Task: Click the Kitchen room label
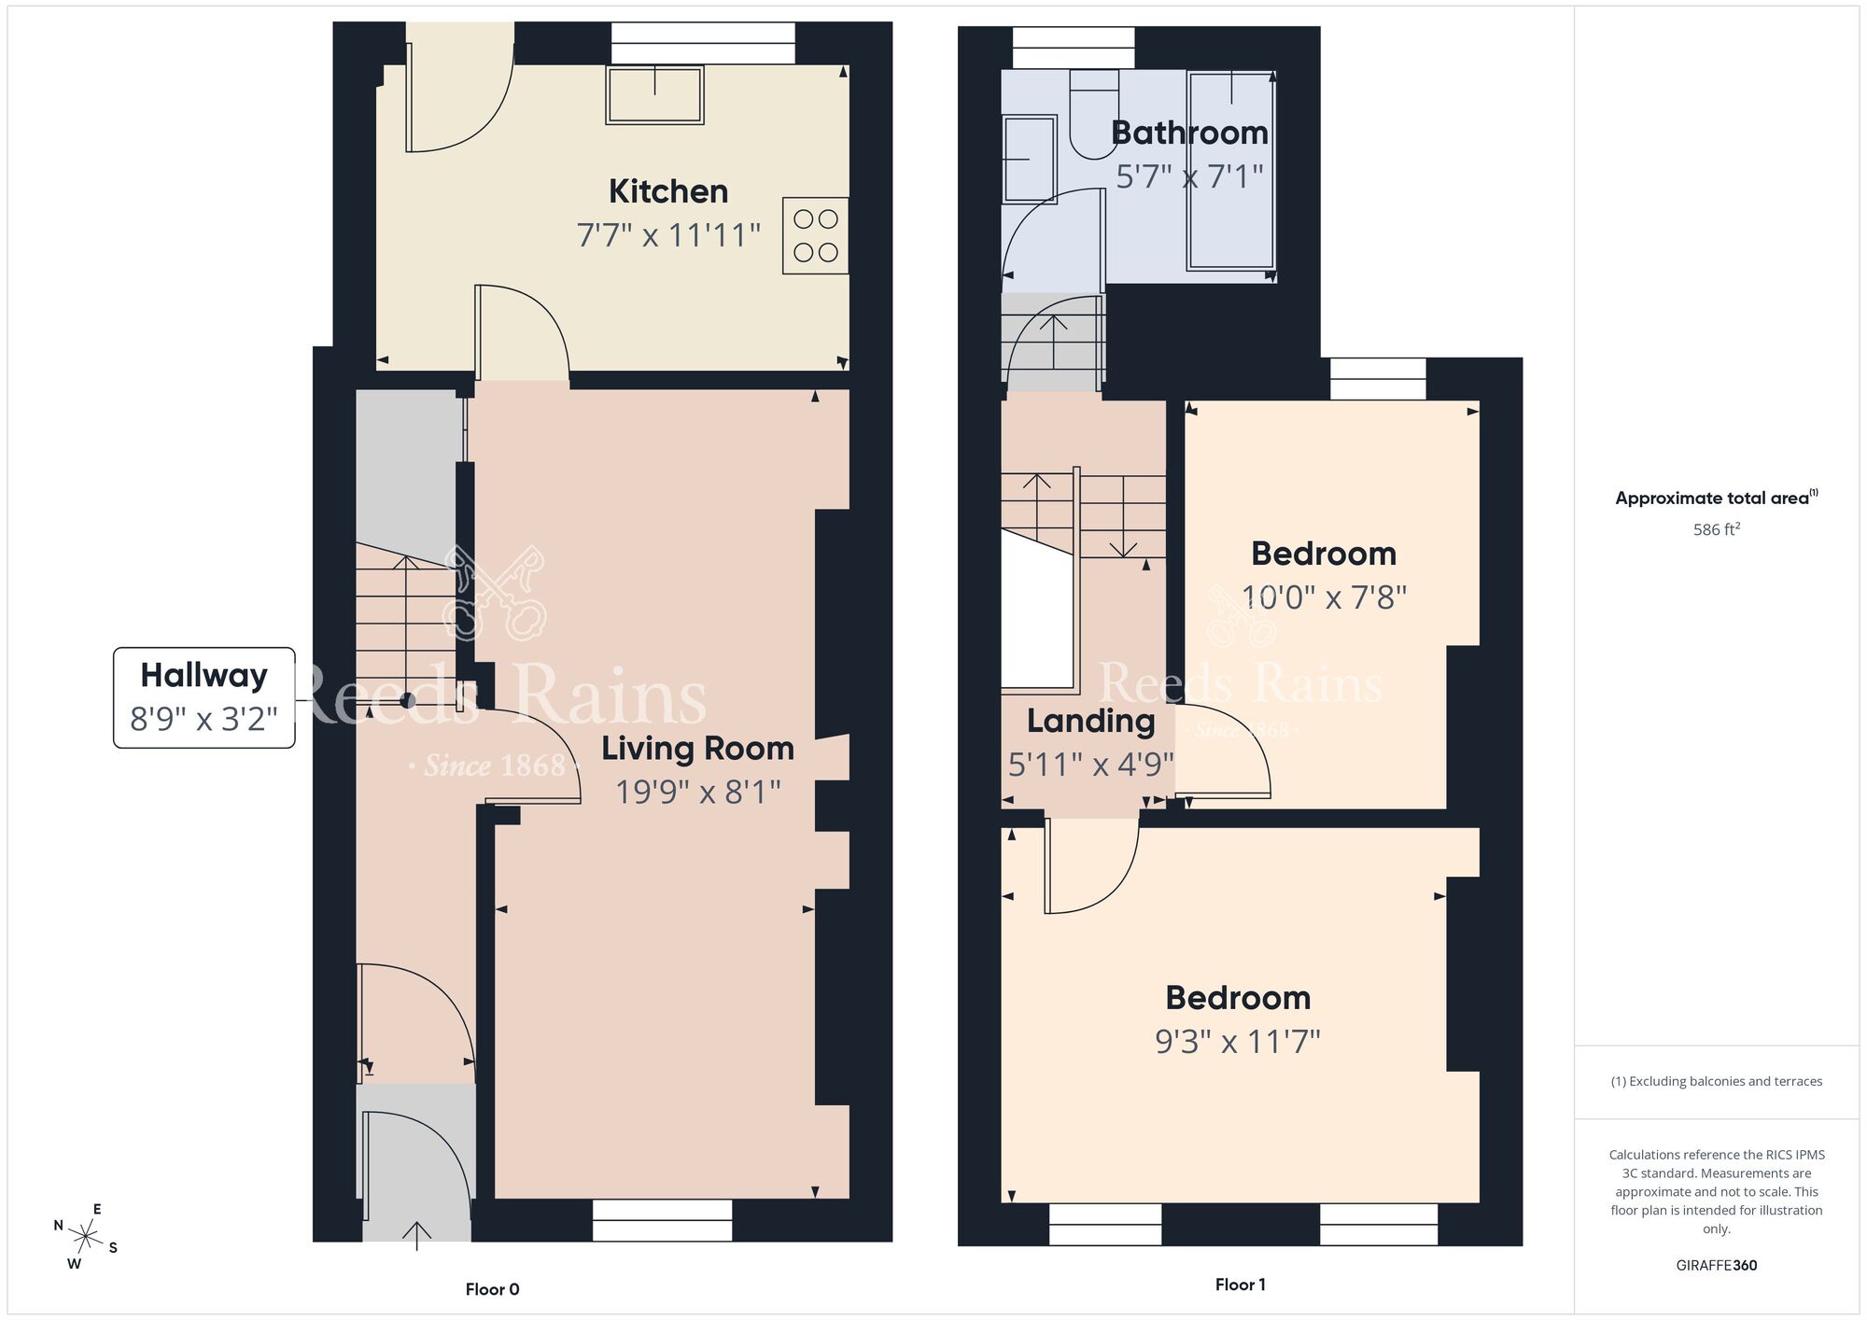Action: [x=668, y=191]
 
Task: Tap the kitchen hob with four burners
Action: [x=815, y=235]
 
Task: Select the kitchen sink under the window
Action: [x=654, y=94]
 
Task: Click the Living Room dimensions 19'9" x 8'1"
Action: [x=698, y=792]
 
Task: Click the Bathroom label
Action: [x=1189, y=133]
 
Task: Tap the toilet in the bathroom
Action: [x=1093, y=112]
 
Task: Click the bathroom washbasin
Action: [x=1028, y=159]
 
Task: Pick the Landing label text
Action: [x=1090, y=721]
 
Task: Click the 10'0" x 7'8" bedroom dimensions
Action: [x=1324, y=597]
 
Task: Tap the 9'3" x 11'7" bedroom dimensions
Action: [x=1238, y=1041]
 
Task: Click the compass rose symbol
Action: [x=86, y=1238]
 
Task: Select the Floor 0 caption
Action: [x=492, y=1289]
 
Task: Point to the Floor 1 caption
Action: [x=1240, y=1285]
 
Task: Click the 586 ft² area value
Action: [x=1716, y=529]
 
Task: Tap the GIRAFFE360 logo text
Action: [x=1716, y=1266]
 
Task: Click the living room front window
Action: [x=662, y=1220]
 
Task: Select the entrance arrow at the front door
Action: [x=416, y=1235]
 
